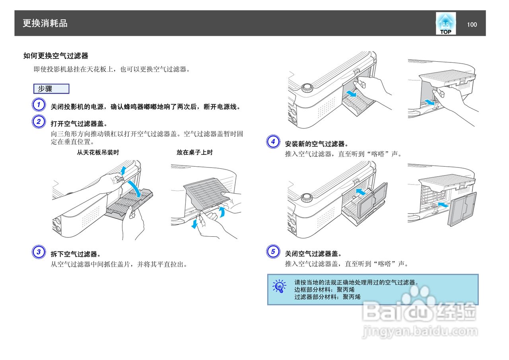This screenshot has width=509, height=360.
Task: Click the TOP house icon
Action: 445,23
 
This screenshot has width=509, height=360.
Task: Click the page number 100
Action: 472,25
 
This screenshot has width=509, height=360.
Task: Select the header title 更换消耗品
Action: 45,23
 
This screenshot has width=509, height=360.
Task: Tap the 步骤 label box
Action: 51,89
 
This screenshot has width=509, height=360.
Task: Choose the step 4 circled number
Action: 273,142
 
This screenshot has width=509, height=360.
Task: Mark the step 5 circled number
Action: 273,252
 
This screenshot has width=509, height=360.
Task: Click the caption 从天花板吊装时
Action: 98,152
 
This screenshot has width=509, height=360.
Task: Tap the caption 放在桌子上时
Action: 195,152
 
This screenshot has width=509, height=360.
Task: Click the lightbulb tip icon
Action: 279,286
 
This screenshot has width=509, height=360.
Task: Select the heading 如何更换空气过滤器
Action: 56,56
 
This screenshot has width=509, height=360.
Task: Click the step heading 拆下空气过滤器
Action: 76,254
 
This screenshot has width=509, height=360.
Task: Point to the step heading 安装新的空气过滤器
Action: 317,144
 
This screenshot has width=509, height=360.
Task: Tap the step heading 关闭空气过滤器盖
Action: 313,253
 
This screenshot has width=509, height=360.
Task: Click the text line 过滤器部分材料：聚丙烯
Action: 327,297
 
